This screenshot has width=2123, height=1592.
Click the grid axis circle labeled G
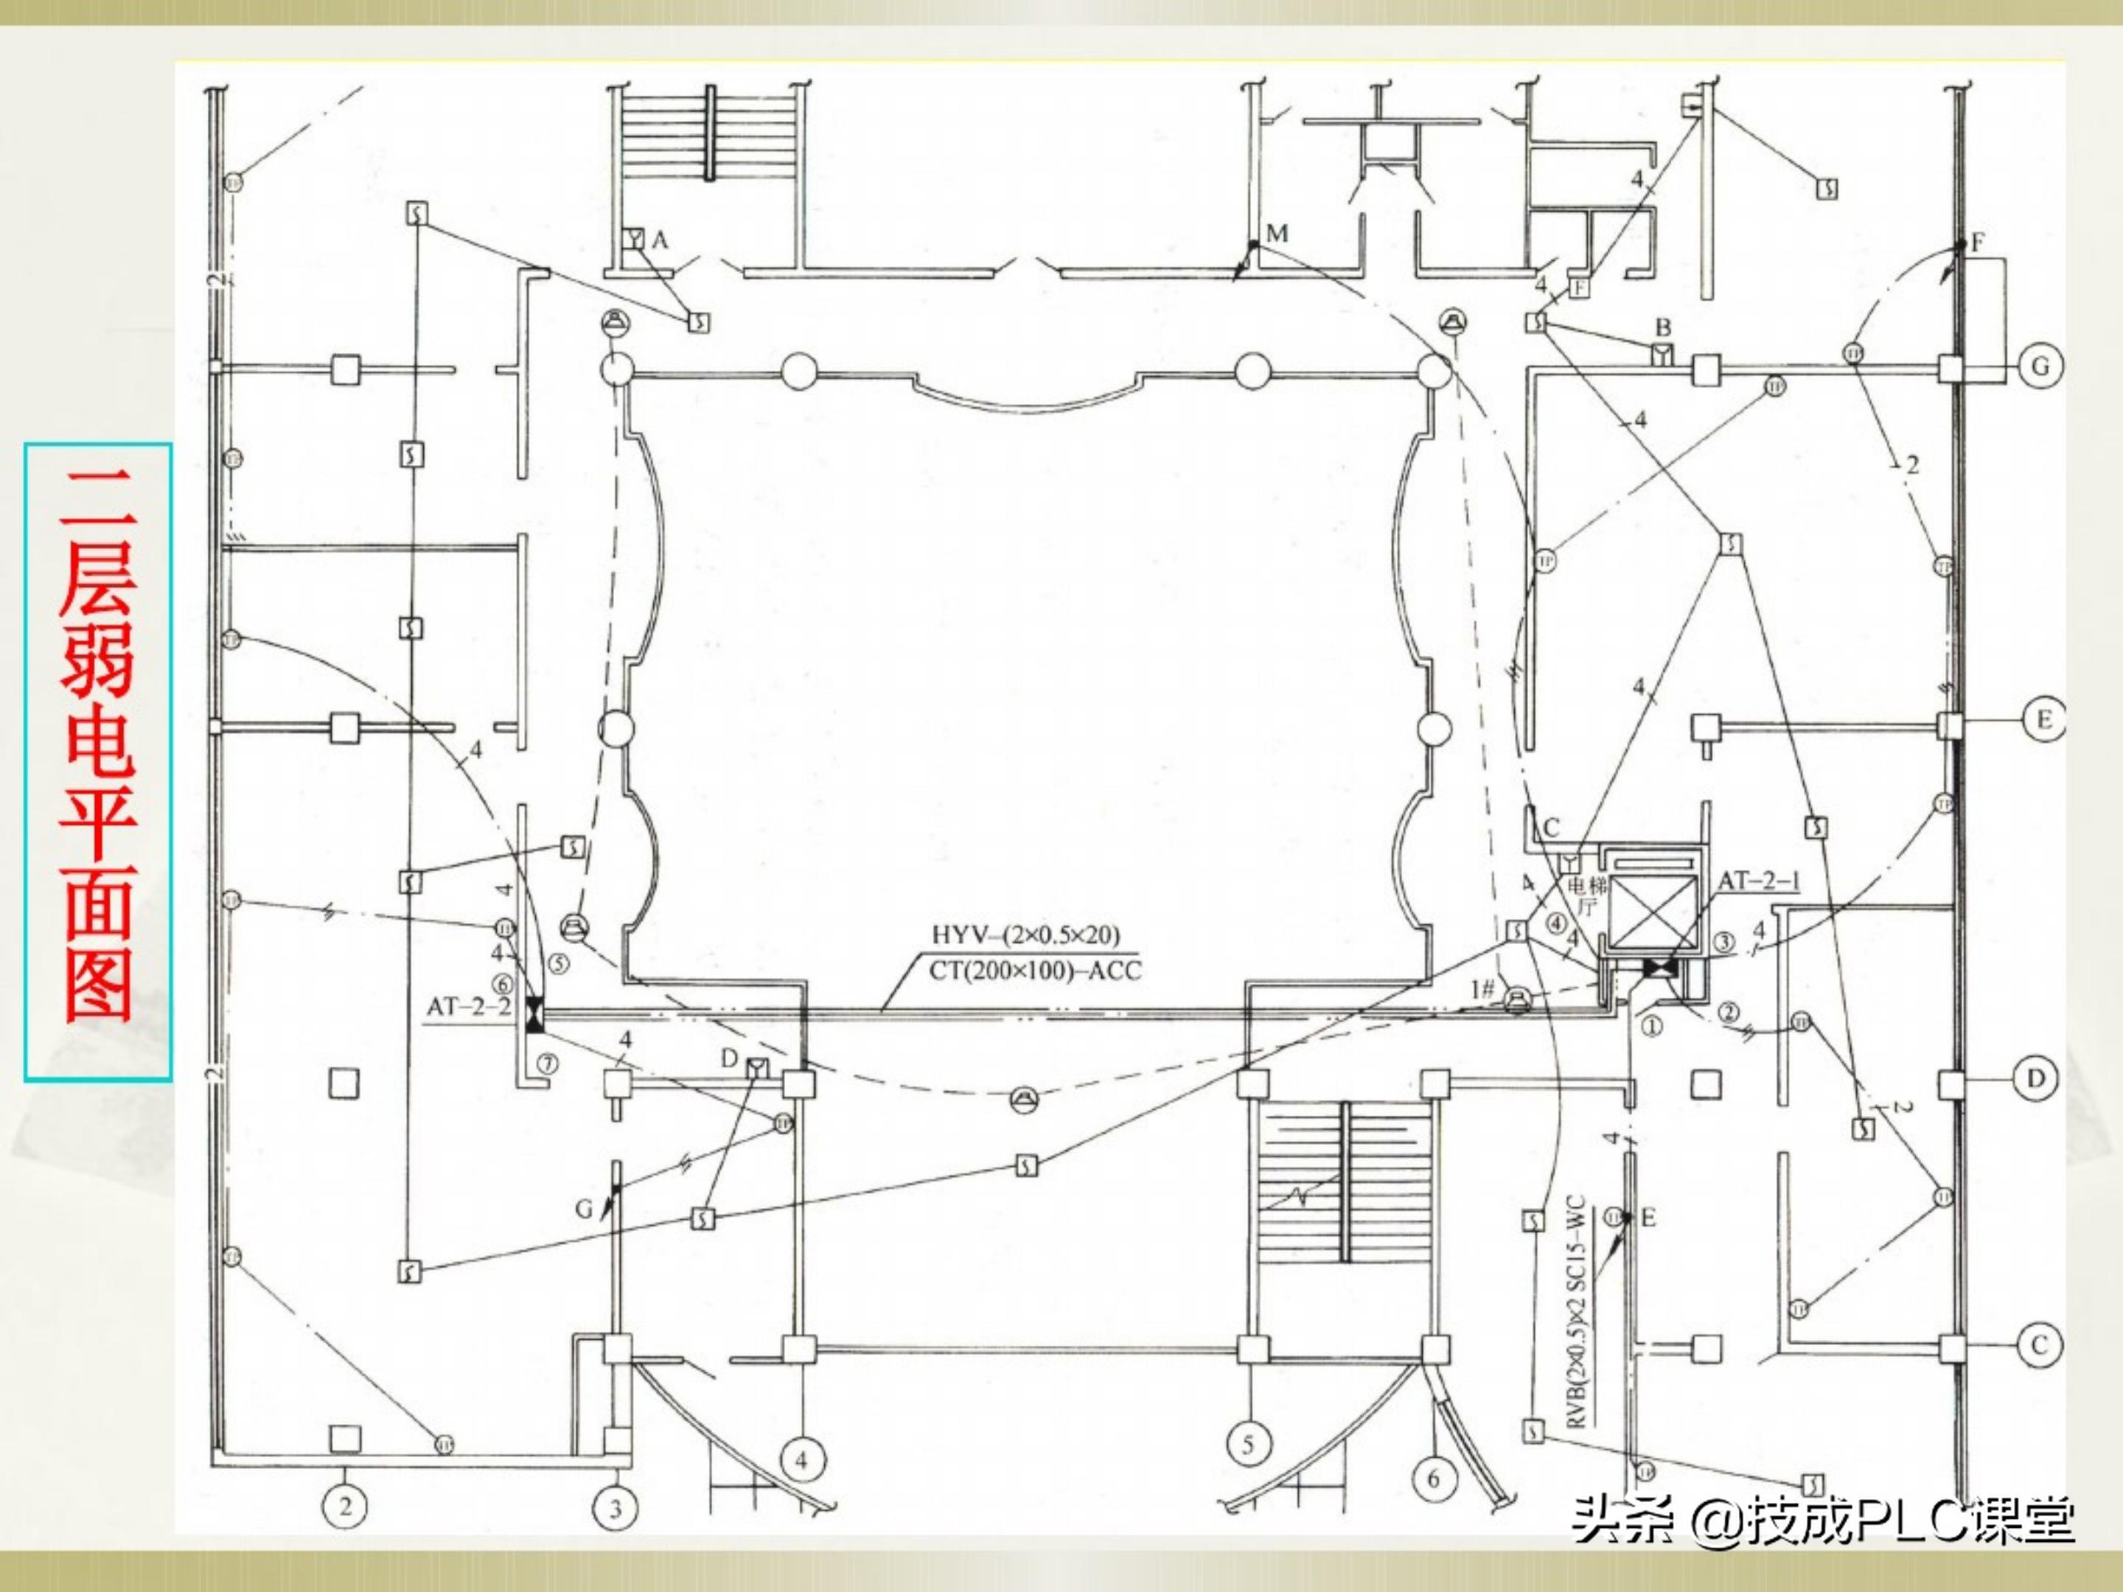[2040, 366]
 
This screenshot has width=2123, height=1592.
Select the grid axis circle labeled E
[2043, 719]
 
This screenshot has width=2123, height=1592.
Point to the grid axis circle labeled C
[2038, 1345]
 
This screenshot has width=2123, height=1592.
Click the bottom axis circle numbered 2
[346, 1506]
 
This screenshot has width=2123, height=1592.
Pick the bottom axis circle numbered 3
[616, 1509]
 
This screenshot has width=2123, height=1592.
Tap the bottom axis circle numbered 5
[1248, 1443]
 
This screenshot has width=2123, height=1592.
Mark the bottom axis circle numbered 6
[1433, 1478]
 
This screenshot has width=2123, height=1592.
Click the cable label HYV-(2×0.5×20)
[1025, 935]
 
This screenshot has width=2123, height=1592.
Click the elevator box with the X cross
[1652, 911]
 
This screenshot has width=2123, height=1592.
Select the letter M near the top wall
[1277, 233]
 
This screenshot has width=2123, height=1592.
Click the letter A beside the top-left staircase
[659, 240]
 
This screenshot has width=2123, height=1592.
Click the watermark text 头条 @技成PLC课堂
[1822, 1519]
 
